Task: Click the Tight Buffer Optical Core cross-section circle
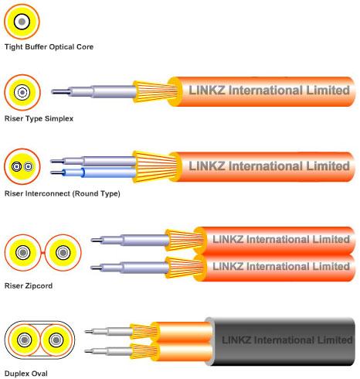[22, 22]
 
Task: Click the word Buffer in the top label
[36, 47]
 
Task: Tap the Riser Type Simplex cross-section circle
[22, 92]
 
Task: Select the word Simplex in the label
[59, 119]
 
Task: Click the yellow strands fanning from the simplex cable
[155, 91]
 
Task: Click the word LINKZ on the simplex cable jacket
[207, 90]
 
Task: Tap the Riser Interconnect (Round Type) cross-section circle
[22, 166]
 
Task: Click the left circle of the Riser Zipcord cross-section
[22, 253]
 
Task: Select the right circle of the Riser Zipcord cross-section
[63, 253]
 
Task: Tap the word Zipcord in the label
[39, 286]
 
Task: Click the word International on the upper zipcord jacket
[280, 239]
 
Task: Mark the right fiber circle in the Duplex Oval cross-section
[56, 340]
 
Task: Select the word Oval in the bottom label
[40, 374]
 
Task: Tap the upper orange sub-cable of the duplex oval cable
[184, 332]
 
